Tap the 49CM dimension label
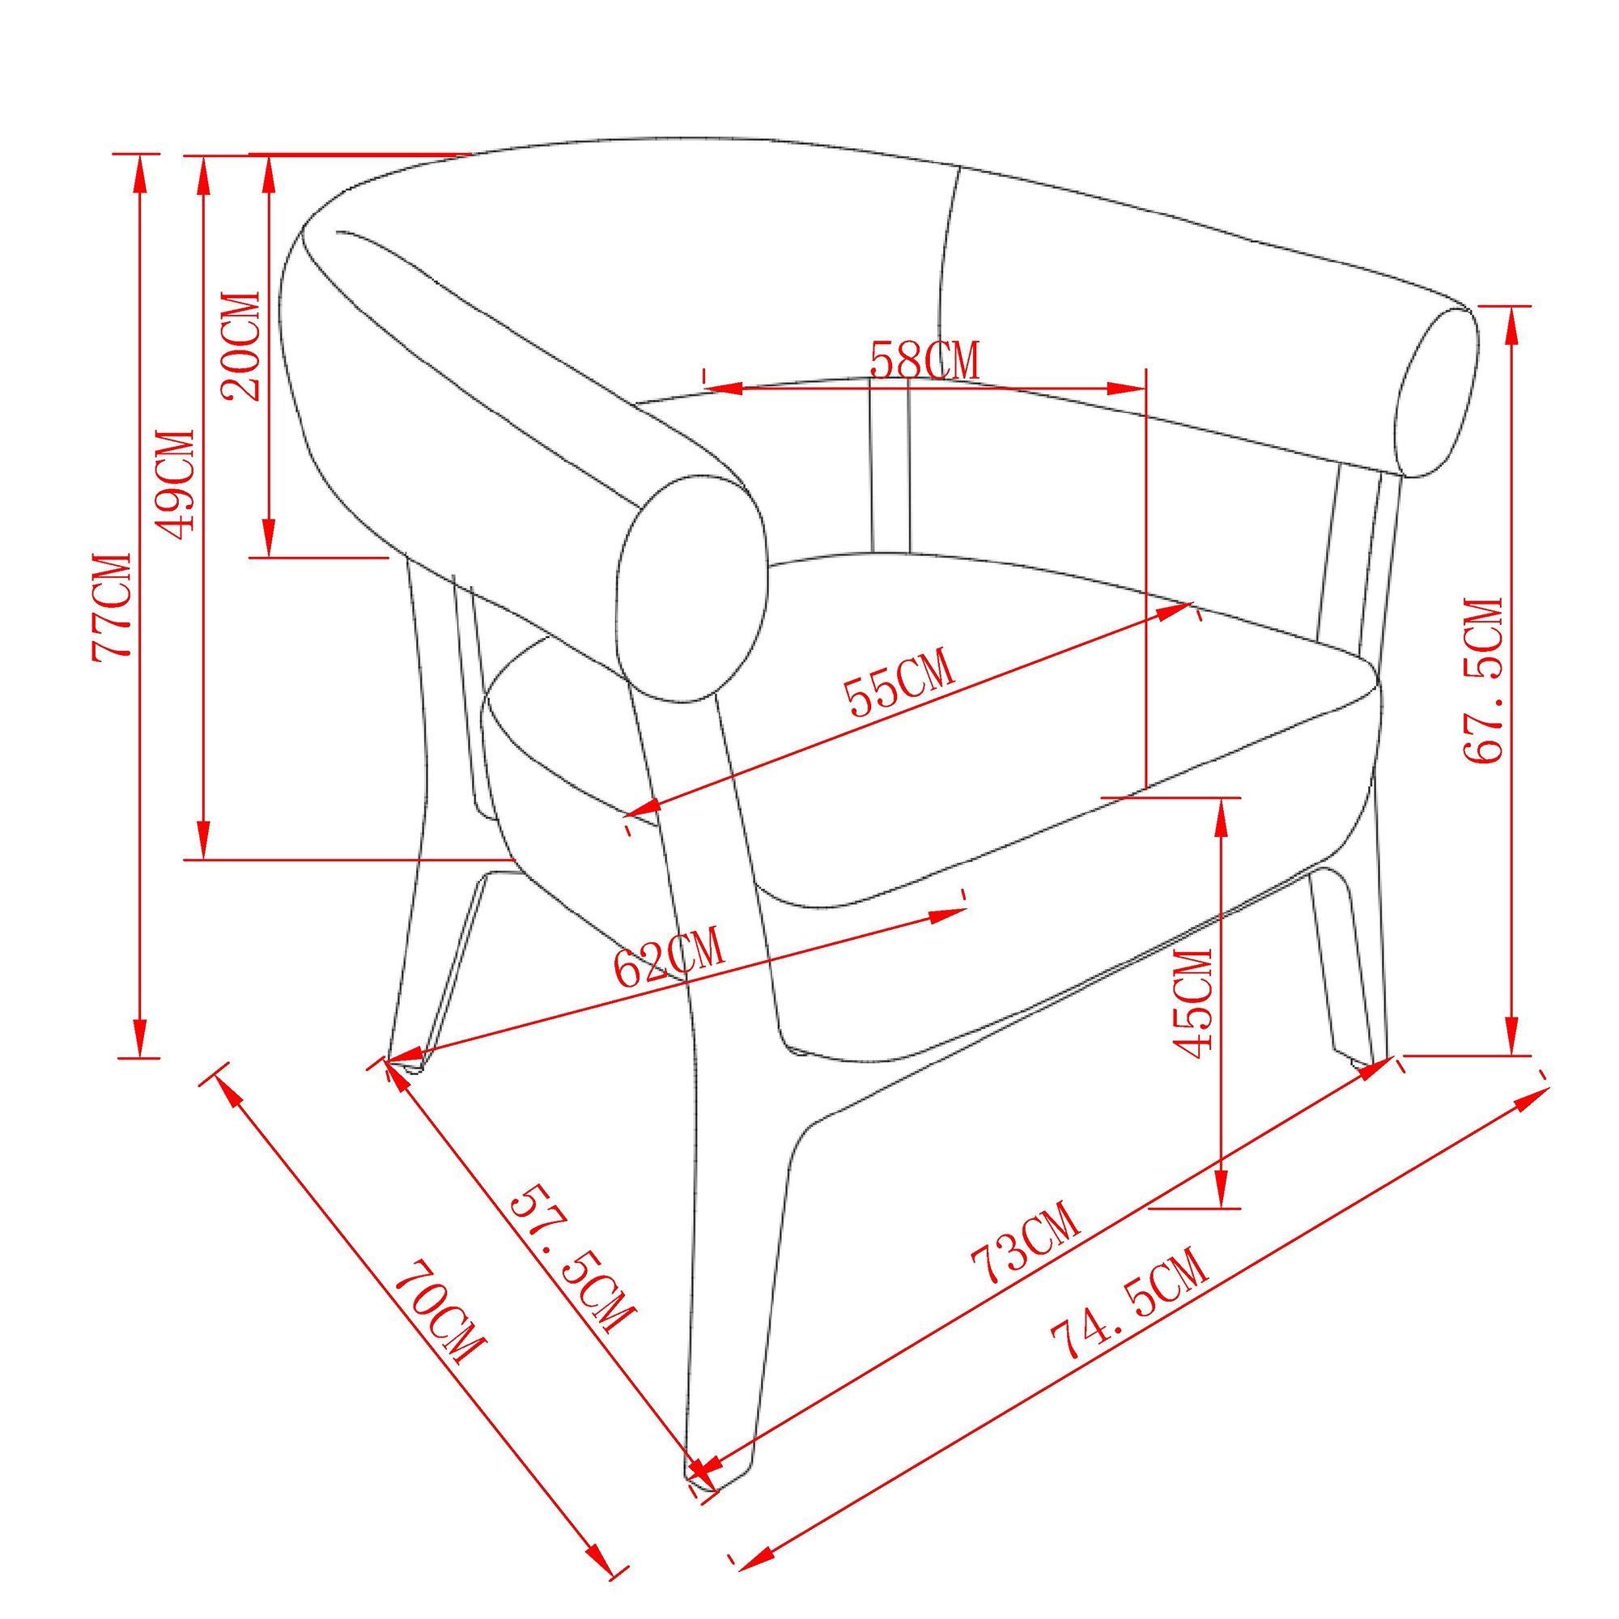pyautogui.click(x=176, y=486)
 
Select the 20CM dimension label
pyautogui.click(x=240, y=346)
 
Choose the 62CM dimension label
pyautogui.click(x=668, y=959)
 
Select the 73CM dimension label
pyautogui.click(x=1024, y=1243)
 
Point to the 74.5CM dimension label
pyautogui.click(x=1130, y=1315)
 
